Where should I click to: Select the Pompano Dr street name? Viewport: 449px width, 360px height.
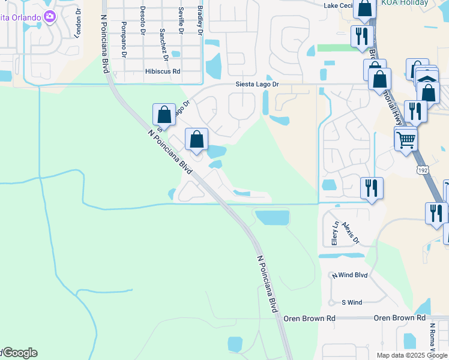(x=124, y=40)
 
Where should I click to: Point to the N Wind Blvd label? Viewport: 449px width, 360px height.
(x=349, y=275)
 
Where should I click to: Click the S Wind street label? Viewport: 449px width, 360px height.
(x=352, y=302)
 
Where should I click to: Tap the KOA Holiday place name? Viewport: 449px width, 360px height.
(x=405, y=3)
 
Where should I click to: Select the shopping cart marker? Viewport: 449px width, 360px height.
(x=406, y=140)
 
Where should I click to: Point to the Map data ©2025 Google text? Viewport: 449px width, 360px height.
(x=412, y=355)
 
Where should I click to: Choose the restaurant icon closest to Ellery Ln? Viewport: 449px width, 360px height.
(x=372, y=188)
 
